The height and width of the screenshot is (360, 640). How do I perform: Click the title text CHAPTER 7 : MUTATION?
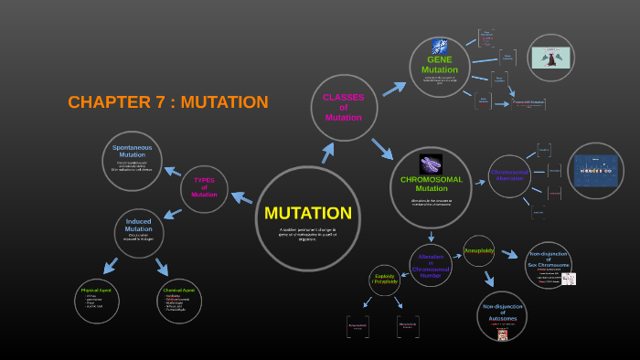[168, 102]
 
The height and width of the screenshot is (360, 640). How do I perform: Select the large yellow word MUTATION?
[308, 213]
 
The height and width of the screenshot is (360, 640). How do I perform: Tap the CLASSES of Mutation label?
[344, 107]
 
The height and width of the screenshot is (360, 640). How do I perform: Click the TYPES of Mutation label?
[204, 187]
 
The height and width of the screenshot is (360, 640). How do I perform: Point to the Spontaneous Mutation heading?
[132, 151]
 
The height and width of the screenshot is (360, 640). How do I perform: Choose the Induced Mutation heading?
[139, 225]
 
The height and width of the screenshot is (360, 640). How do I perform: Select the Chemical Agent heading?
[177, 290]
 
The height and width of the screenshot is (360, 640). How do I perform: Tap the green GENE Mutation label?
[440, 64]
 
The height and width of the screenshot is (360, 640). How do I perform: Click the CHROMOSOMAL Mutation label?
[432, 184]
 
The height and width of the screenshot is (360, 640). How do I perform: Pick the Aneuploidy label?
[479, 249]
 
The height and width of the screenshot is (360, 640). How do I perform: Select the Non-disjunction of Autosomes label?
[502, 312]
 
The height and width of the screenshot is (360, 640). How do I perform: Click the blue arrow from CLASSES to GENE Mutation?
[393, 89]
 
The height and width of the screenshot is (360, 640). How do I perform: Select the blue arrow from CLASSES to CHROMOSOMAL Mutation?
[381, 148]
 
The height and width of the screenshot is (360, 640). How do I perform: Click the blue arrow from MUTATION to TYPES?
[242, 197]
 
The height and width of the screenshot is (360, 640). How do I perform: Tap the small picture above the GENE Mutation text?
[440, 48]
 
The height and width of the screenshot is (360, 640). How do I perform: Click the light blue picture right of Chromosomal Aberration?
[595, 170]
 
